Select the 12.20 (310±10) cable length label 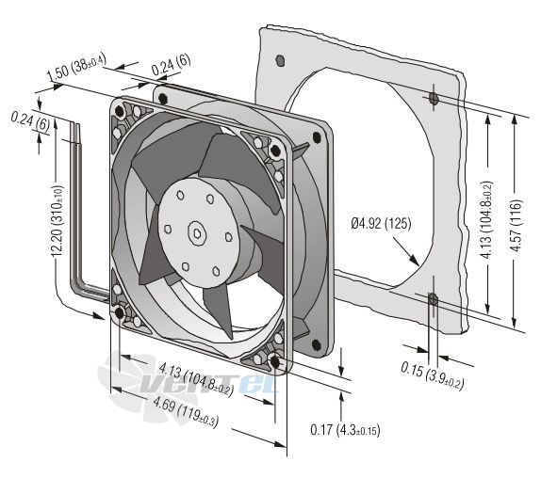[x=57, y=221]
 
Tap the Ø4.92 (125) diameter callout [x=382, y=224]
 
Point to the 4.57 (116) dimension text [x=516, y=225]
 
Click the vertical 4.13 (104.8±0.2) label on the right [x=488, y=220]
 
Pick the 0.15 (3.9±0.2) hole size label [x=432, y=375]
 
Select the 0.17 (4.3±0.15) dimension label [x=345, y=430]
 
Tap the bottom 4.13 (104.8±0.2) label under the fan [x=196, y=381]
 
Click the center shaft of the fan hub [x=197, y=233]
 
